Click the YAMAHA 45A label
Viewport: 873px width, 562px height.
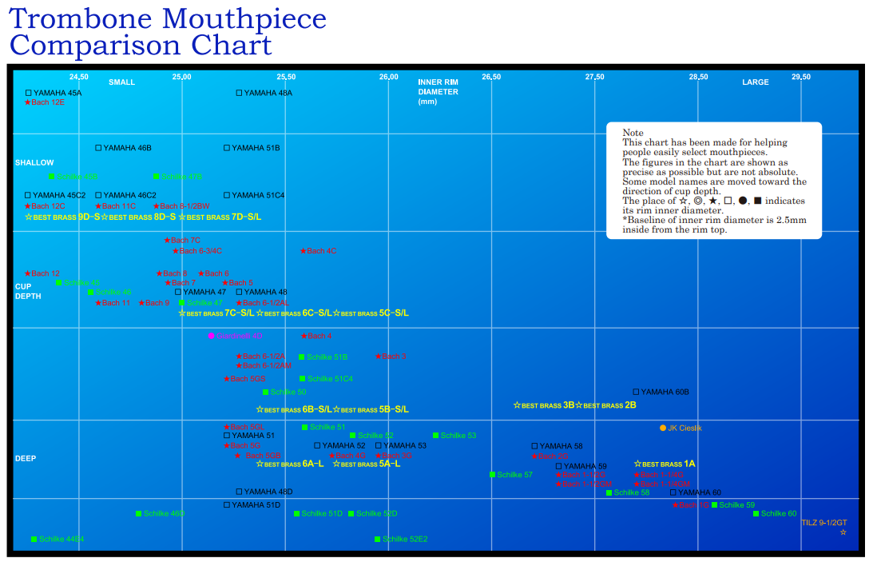57,93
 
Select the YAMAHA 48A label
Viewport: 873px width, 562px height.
268,93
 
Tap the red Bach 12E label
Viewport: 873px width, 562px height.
47,102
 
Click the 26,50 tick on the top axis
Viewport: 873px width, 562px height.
491,77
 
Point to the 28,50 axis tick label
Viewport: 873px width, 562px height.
698,77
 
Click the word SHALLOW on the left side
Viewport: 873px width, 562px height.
34,163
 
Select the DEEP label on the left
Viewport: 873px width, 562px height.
26,458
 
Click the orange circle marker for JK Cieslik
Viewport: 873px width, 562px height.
663,428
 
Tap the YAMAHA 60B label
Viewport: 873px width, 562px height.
664,392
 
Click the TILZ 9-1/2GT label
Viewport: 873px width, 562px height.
823,523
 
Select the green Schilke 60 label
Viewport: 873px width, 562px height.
778,513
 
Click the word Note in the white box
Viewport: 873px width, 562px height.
633,133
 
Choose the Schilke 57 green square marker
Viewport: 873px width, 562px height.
492,475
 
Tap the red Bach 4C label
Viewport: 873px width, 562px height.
321,251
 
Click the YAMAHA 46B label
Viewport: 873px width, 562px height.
127,148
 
